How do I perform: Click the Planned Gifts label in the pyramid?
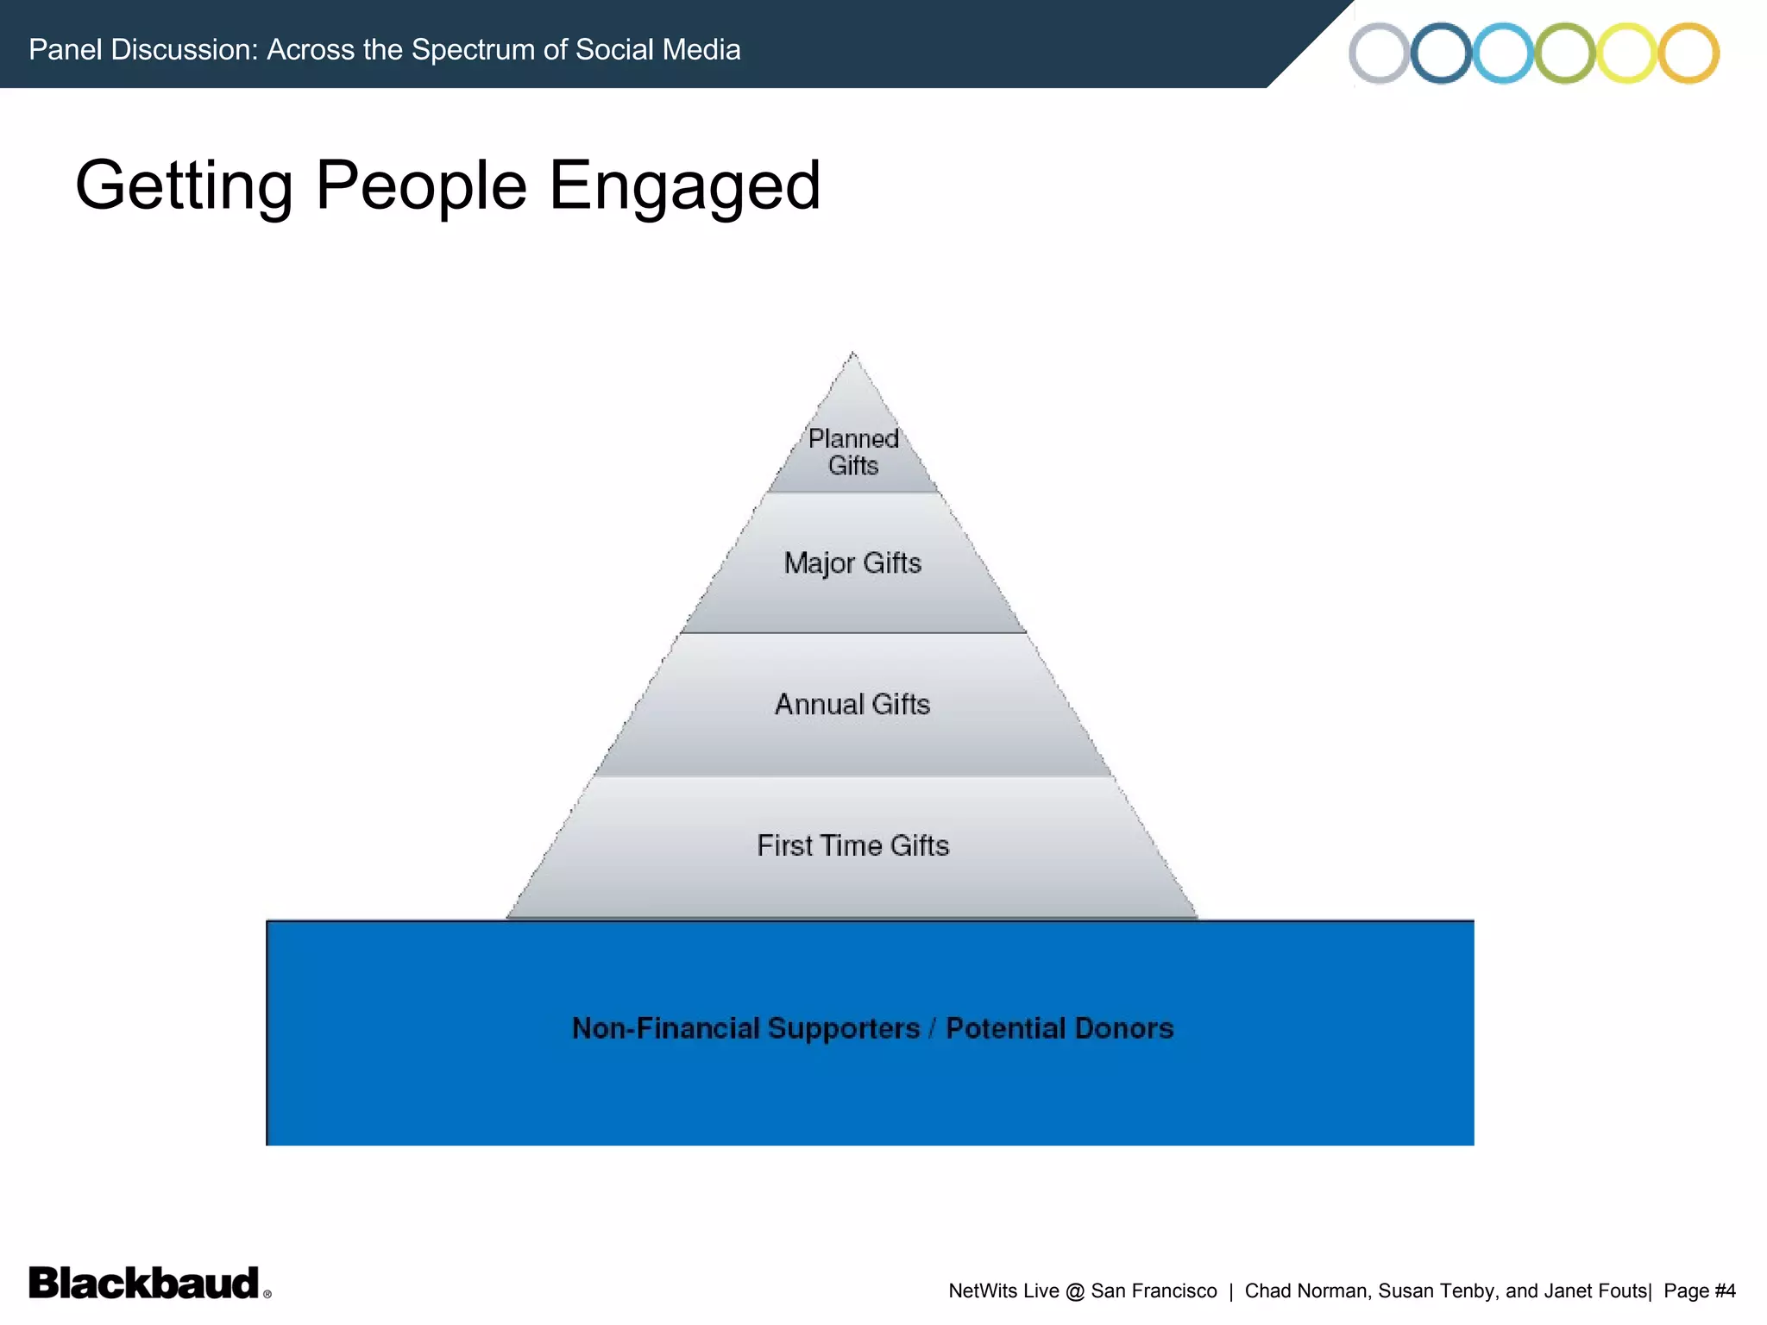[853, 452]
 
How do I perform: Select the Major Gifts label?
[852, 563]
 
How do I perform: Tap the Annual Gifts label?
[852, 705]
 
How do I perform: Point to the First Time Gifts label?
[852, 845]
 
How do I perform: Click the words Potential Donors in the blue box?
[1060, 1028]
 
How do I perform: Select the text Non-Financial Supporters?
[746, 1028]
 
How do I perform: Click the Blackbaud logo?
[145, 1284]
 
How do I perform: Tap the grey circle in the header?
[1380, 53]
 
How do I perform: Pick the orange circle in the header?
[1688, 53]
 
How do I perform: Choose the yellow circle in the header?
[1626, 53]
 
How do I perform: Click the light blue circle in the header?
[1503, 53]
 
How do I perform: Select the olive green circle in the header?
[1565, 53]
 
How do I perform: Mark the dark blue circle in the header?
[1441, 53]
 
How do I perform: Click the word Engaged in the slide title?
[684, 185]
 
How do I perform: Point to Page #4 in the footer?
[1699, 1291]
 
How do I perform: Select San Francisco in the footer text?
[1154, 1291]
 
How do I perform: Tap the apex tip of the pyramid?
[852, 355]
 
